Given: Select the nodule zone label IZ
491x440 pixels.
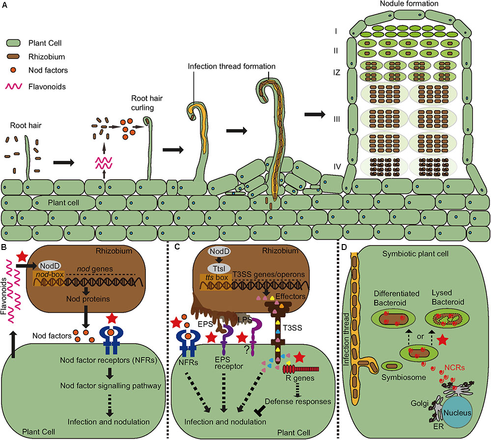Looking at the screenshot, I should (x=335, y=71).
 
